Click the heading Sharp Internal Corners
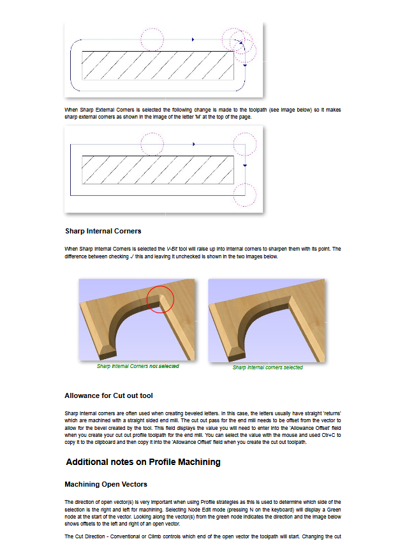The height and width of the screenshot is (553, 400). pyautogui.click(x=103, y=231)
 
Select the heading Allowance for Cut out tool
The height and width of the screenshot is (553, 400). pyautogui.click(x=108, y=395)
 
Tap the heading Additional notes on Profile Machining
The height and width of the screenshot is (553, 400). pyautogui.click(x=143, y=462)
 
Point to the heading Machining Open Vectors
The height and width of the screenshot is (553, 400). pyautogui.click(x=106, y=484)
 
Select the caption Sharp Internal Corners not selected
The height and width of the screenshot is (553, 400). pyautogui.click(x=138, y=366)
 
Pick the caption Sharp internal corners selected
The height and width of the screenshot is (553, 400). pyautogui.click(x=267, y=367)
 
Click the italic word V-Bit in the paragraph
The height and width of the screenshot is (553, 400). pyautogui.click(x=172, y=249)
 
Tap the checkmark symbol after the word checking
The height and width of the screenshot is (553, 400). pyautogui.click(x=132, y=256)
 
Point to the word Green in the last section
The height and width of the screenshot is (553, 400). pyautogui.click(x=334, y=510)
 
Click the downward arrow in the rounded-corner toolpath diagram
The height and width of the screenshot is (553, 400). pyautogui.click(x=245, y=65)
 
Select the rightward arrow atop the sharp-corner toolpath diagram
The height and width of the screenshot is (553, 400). pyautogui.click(x=194, y=144)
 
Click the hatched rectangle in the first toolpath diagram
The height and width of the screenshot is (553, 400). pyautogui.click(x=158, y=66)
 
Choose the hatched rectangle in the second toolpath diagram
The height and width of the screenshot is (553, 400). pyautogui.click(x=158, y=170)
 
